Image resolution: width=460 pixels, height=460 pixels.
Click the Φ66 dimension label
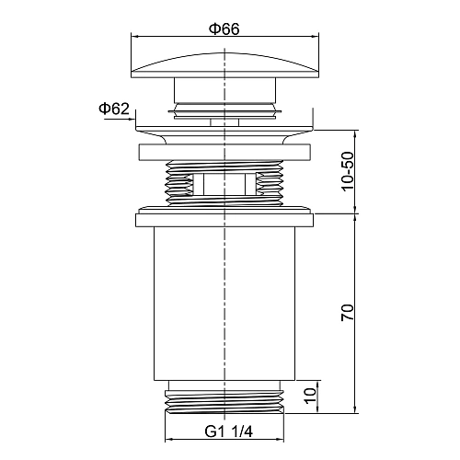tap(224, 29)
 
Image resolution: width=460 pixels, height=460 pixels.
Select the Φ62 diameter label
tap(114, 109)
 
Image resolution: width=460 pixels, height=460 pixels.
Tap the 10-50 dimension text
tap(348, 171)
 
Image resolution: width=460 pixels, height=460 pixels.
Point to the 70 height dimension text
tap(348, 313)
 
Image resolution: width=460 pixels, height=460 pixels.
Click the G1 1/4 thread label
tap(229, 432)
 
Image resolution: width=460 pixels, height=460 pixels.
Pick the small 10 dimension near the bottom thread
tap(310, 396)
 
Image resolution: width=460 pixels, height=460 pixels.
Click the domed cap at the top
tap(224, 65)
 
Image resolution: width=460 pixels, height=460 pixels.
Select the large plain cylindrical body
tap(224, 304)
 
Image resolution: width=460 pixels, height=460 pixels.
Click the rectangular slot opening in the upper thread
tap(224, 184)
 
